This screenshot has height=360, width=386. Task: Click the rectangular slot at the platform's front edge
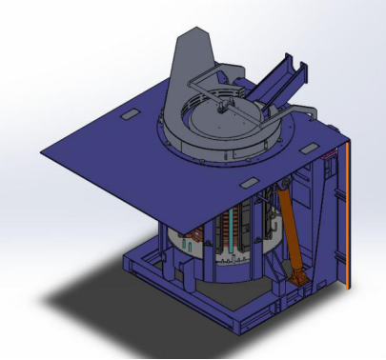[245, 180]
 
